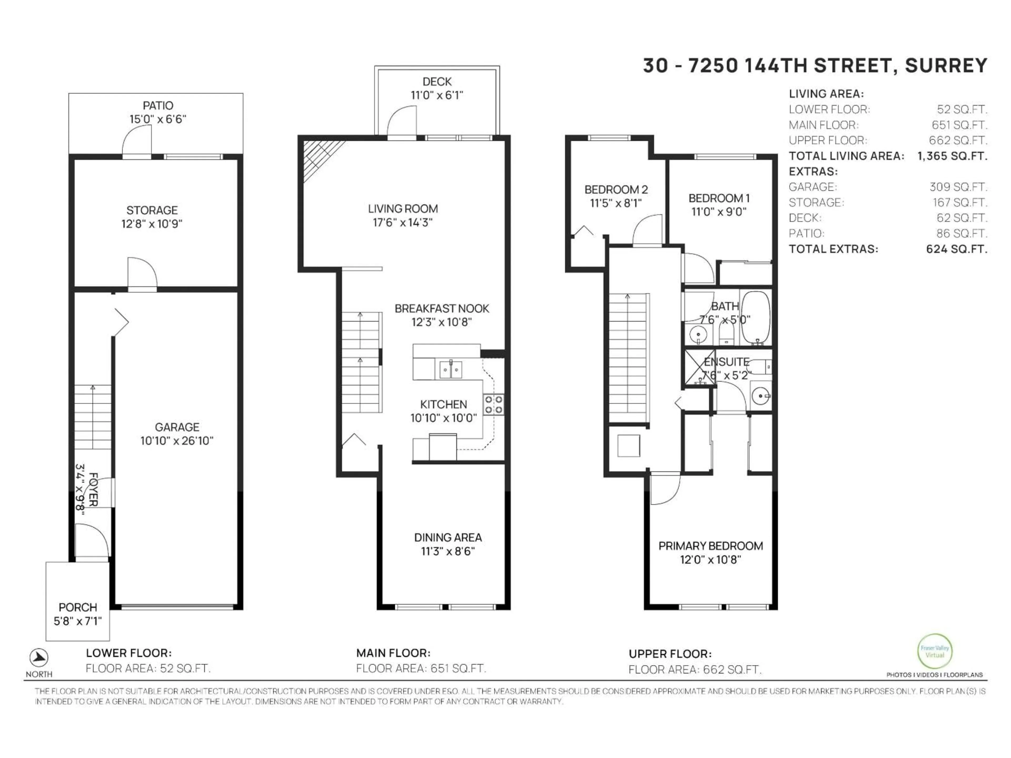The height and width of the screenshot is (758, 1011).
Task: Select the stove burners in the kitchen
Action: click(x=494, y=404)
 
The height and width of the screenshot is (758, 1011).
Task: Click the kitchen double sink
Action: click(x=451, y=369)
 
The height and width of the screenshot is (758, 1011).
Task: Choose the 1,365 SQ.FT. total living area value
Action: click(x=952, y=156)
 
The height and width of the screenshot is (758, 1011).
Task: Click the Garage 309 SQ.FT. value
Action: click(x=958, y=187)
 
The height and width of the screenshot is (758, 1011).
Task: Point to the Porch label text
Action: click(x=78, y=607)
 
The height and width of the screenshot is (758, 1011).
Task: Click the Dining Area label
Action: click(x=448, y=537)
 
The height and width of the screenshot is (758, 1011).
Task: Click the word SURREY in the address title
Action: click(x=946, y=66)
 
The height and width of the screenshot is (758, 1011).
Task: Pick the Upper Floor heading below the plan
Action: click(x=670, y=654)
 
